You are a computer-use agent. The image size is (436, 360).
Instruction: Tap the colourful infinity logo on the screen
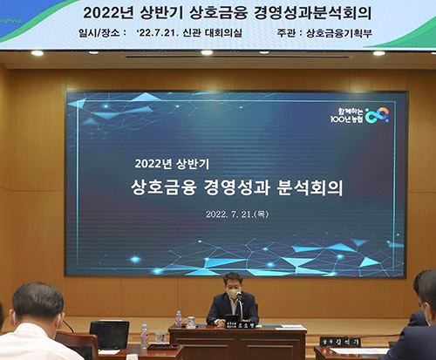pyautogui.click(x=377, y=114)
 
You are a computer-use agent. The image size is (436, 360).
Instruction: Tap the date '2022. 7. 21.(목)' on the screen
pyautogui.click(x=236, y=214)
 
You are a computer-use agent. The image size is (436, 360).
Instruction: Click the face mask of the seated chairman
pyautogui.click(x=232, y=293)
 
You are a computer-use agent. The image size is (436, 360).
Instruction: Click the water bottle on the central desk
pyautogui.click(x=178, y=319)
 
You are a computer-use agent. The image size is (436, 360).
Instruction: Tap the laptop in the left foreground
pyautogui.click(x=109, y=334)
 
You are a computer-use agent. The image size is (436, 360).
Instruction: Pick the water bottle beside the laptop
pyautogui.click(x=144, y=336)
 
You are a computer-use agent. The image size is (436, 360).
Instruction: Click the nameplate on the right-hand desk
pyautogui.click(x=340, y=343)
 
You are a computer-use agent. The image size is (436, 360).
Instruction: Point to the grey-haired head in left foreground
pyautogui.click(x=37, y=301)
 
